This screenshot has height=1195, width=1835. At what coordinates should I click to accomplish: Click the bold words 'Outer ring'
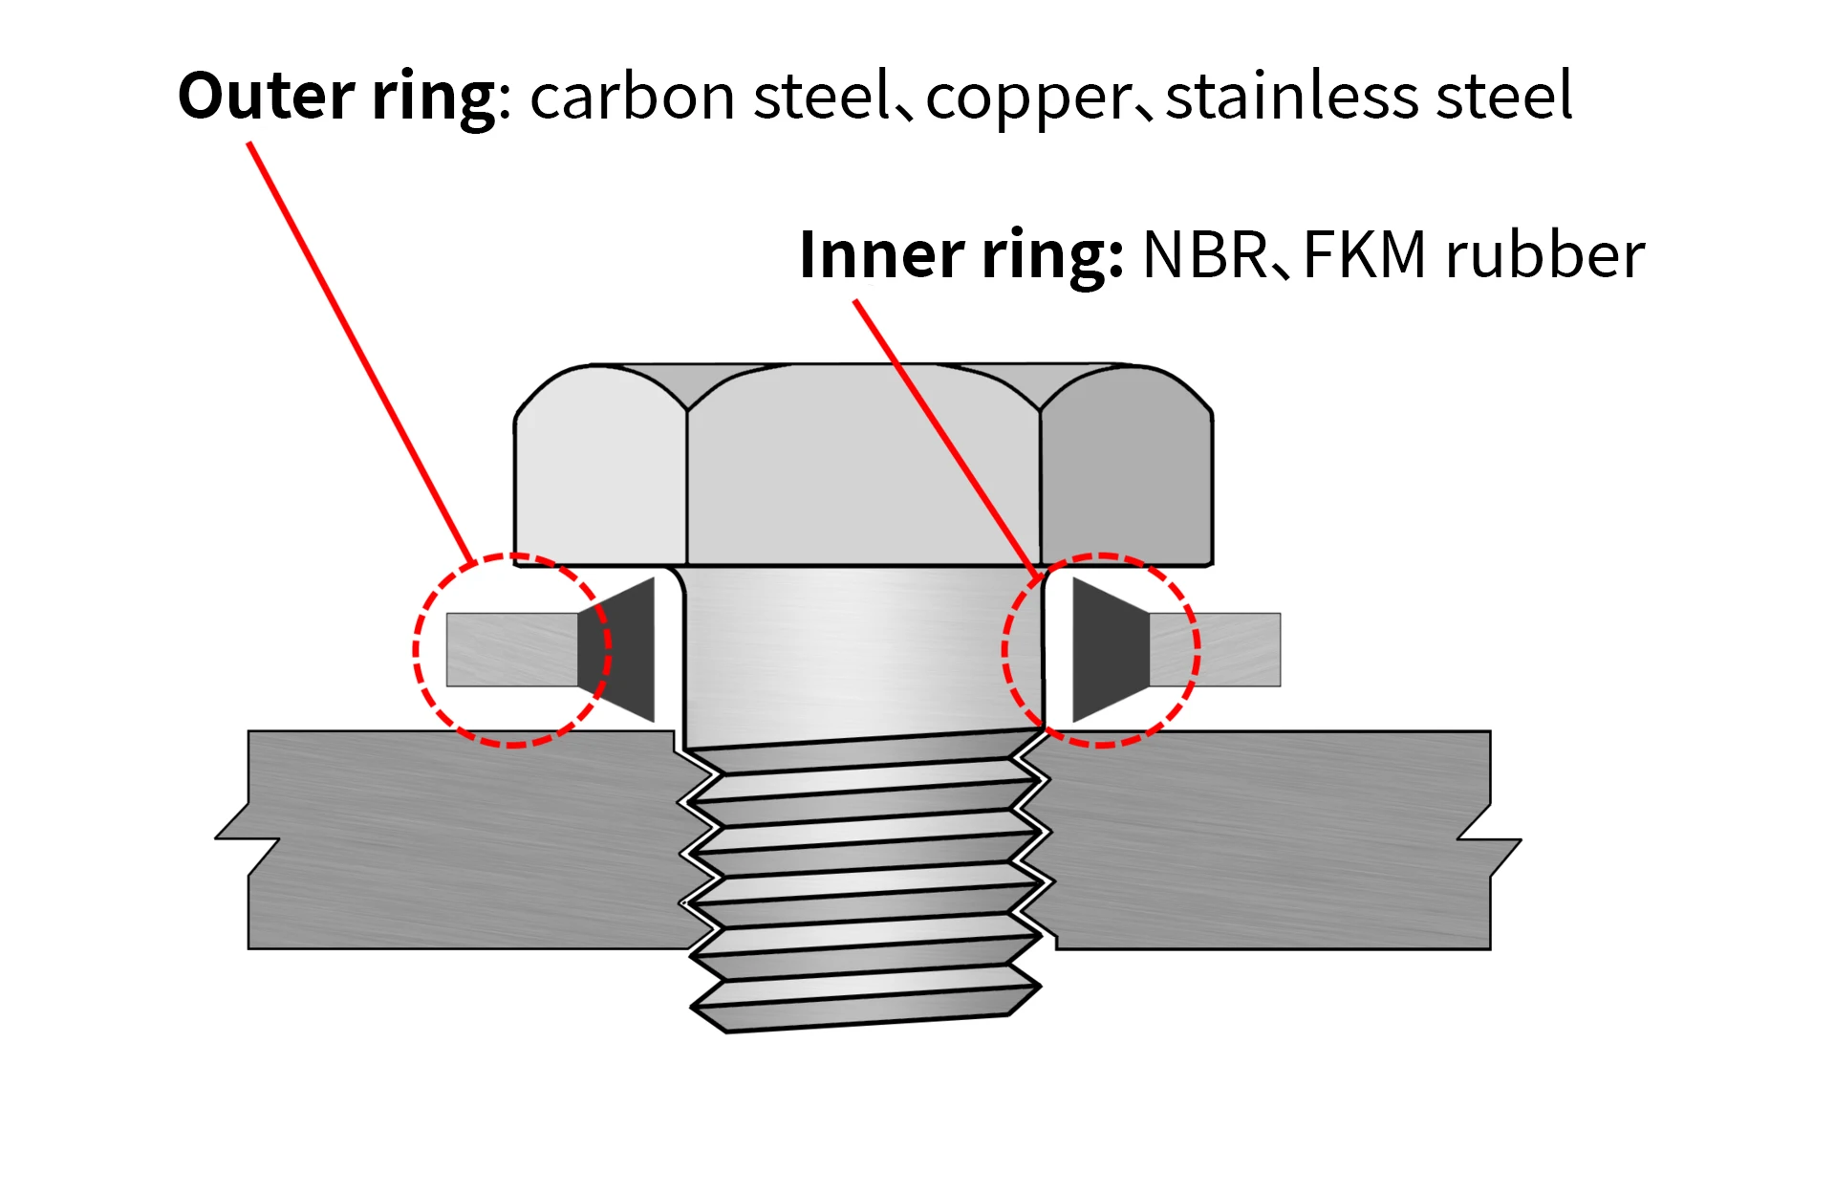(x=337, y=98)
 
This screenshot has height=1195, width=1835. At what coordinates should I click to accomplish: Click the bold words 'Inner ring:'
(x=961, y=255)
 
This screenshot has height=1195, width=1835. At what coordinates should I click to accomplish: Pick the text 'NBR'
(x=1205, y=255)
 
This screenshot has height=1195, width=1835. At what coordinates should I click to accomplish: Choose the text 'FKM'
(x=1365, y=255)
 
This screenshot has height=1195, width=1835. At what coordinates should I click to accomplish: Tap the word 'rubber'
(x=1545, y=255)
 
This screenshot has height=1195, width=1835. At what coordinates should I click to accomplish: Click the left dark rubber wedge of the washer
(x=617, y=650)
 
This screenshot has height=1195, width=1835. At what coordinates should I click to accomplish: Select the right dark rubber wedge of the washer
(x=1111, y=650)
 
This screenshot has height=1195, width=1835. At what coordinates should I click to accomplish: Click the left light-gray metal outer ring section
(x=512, y=650)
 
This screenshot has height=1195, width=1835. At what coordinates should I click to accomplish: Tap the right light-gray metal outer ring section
(x=1215, y=650)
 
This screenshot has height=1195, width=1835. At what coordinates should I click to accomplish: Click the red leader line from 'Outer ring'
(x=360, y=352)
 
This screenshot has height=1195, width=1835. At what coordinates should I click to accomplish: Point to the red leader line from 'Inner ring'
(x=947, y=440)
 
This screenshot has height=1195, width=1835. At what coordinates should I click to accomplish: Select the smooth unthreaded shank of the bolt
(x=864, y=656)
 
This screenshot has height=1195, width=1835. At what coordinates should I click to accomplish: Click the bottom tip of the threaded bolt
(x=726, y=1032)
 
